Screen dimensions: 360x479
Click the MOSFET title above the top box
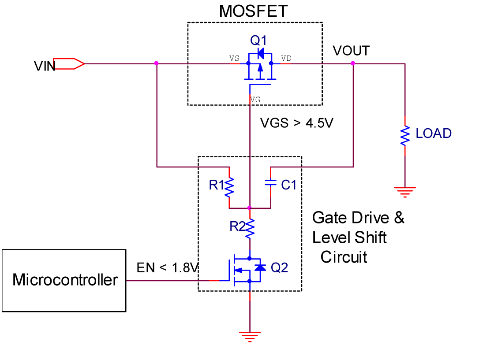(253, 11)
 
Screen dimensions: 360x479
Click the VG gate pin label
(255, 100)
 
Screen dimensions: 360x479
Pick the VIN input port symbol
(69, 63)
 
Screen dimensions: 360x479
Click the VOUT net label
(351, 51)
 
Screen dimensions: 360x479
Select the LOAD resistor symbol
(405, 136)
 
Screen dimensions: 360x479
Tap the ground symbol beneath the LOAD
(405, 191)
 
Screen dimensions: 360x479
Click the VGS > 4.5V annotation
(296, 123)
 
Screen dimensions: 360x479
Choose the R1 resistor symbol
(229, 187)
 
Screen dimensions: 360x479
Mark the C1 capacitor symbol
(270, 183)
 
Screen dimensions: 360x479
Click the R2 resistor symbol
(250, 227)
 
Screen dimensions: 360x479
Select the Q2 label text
(279, 267)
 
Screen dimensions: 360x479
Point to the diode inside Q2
(261, 267)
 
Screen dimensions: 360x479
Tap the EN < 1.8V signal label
(168, 267)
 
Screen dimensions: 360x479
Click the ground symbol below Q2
(250, 336)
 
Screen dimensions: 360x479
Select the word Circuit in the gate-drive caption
(344, 257)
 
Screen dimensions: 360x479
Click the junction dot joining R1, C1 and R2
(250, 208)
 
